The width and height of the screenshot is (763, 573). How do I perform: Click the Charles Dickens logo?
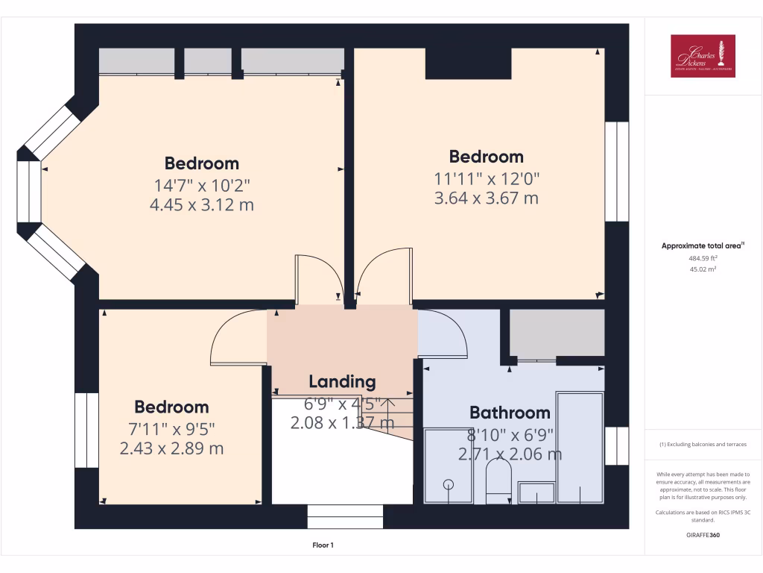point(703,56)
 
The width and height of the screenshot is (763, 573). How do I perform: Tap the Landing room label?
point(342,382)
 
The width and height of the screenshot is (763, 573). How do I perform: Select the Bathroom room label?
point(510,413)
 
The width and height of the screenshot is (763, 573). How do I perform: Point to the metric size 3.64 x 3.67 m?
point(486,198)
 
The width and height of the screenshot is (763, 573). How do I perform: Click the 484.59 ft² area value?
point(703,258)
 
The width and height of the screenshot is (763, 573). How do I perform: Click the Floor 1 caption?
point(323,545)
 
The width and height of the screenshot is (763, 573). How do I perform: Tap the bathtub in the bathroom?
point(580,448)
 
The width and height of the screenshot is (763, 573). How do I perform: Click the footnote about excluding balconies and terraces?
point(703,445)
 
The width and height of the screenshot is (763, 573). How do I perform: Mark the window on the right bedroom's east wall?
point(616,172)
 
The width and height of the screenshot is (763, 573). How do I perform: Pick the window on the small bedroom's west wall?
point(86,430)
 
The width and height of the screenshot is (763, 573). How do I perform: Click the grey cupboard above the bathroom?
point(557,333)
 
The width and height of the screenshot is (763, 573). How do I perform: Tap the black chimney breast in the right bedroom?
point(468,63)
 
